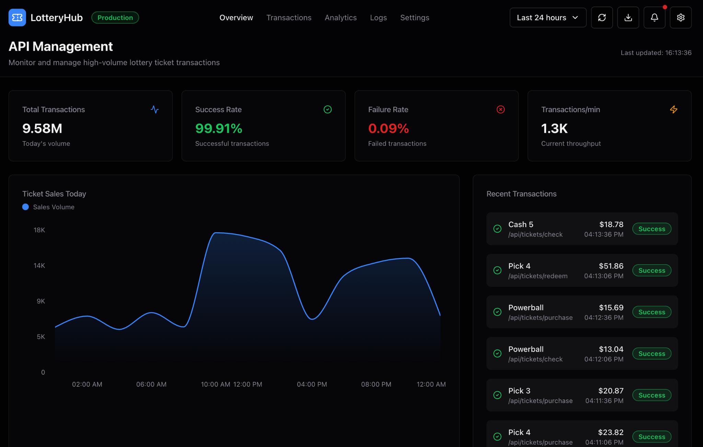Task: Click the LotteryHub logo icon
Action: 17,17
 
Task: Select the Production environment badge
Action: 115,17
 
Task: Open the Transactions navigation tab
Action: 289,17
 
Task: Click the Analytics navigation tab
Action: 341,17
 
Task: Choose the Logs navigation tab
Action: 378,17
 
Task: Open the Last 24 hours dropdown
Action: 548,17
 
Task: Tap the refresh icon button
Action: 602,17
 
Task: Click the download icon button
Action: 628,17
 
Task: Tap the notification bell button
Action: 654,17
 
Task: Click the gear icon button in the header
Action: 680,17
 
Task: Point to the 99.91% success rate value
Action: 219,129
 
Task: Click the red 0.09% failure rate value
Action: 388,129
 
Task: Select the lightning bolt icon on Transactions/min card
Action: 673,109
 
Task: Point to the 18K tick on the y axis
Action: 39,230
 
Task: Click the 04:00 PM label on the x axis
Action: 312,384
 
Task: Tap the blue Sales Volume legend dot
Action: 25,207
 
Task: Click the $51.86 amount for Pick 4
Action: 611,266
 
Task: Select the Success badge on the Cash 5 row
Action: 652,229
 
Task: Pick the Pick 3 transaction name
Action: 519,391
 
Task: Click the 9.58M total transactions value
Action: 42,129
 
